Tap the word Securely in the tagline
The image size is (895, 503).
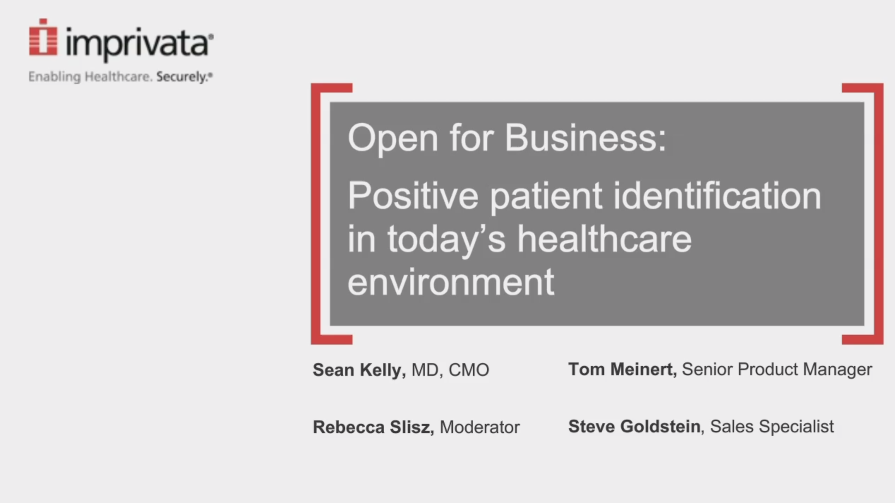(183, 77)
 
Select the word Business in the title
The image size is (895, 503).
(585, 138)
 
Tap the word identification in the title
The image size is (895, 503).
(717, 196)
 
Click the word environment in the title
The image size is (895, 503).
(451, 282)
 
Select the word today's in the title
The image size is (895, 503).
(446, 240)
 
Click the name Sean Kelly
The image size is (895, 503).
(359, 370)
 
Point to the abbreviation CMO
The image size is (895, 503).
(469, 370)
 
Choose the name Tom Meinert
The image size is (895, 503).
(622, 369)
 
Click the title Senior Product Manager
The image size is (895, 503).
(777, 370)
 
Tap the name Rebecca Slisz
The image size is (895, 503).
(373, 427)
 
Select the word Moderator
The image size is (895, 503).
(480, 427)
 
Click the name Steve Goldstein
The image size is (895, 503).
(634, 426)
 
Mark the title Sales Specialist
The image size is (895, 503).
(772, 427)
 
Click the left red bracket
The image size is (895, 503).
(316, 214)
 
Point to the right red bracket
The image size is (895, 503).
(878, 214)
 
